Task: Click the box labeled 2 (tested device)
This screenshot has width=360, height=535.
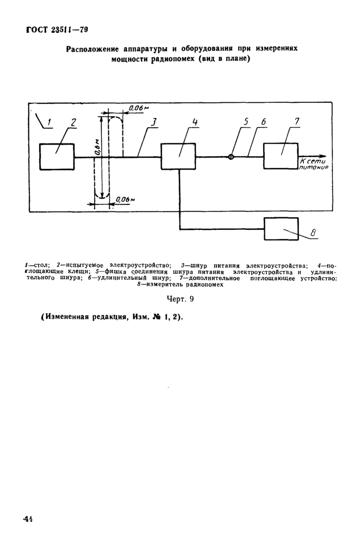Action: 57,156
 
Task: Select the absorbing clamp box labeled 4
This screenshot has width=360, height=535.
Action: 178,156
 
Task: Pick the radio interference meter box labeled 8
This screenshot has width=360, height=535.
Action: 281,228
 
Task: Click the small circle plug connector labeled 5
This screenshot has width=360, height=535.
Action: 231,157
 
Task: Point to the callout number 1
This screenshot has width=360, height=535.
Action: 49,122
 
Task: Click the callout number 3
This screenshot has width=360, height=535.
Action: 154,122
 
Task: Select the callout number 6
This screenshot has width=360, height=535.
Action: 263,122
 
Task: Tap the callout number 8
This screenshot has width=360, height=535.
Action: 313,233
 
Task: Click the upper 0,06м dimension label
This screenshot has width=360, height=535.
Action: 139,108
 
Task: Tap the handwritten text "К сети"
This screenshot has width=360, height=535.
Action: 313,162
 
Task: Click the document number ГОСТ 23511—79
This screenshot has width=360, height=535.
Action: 57,30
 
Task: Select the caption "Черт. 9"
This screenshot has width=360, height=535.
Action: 180,299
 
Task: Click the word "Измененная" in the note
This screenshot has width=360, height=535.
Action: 66,317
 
